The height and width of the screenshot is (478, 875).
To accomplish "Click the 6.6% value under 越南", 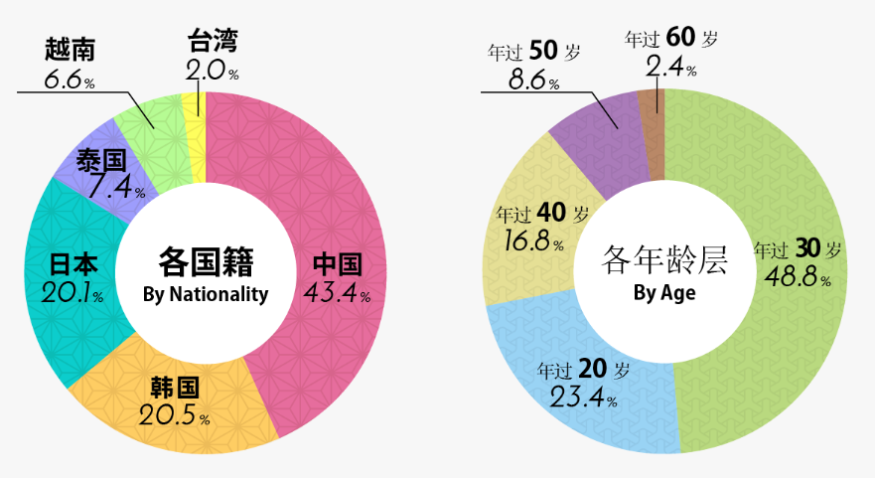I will (x=70, y=79).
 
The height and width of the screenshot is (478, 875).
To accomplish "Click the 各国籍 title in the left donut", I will (x=206, y=262).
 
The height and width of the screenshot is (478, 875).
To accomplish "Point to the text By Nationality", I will (x=206, y=294).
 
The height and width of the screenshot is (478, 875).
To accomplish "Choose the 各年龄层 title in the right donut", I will (x=664, y=260).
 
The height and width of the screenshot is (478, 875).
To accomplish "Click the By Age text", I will (x=664, y=293).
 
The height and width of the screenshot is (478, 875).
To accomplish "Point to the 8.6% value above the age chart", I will (x=533, y=79).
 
